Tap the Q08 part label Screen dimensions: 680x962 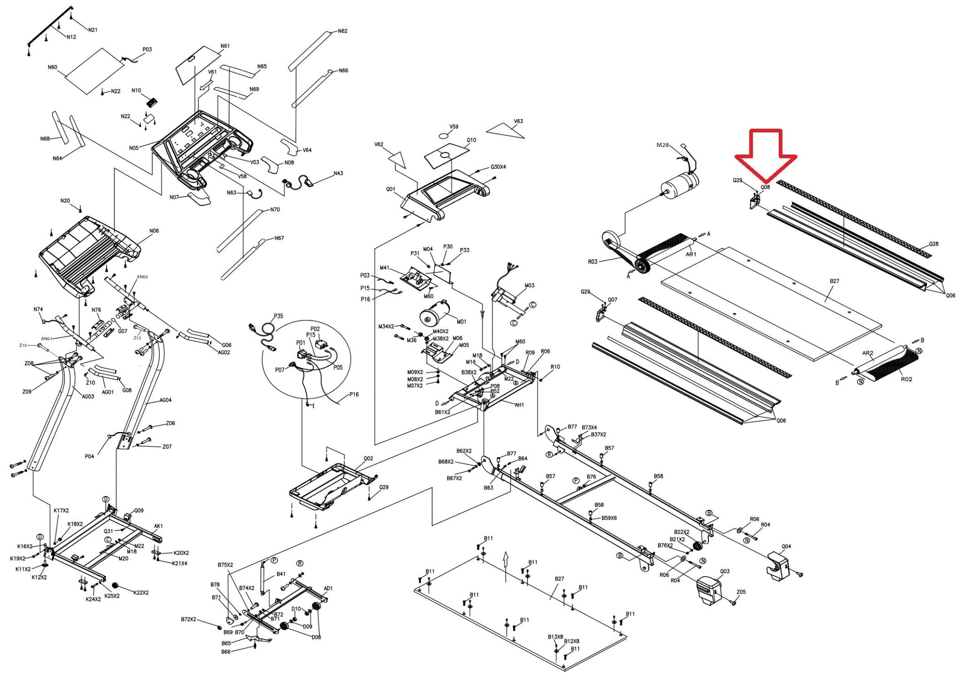click(x=765, y=187)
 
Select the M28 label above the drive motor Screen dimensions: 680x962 click(x=662, y=145)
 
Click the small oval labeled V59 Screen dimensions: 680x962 click(x=445, y=136)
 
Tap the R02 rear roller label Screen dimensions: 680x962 click(x=906, y=379)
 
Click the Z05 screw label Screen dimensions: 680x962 click(x=741, y=592)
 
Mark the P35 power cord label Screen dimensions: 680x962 click(x=279, y=316)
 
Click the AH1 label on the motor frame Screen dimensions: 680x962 click(x=519, y=405)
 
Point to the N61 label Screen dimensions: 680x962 click(x=225, y=46)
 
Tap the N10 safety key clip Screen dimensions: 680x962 click(x=151, y=102)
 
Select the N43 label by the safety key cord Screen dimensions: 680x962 click(x=338, y=173)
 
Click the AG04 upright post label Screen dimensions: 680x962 click(x=165, y=400)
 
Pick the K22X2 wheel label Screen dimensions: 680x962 click(x=141, y=593)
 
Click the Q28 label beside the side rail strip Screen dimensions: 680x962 click(x=933, y=244)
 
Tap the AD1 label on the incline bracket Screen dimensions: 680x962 click(x=328, y=588)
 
